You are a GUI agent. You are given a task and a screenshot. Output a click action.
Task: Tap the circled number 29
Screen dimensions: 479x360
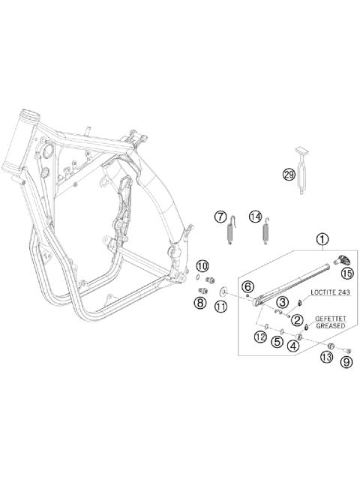click(289, 175)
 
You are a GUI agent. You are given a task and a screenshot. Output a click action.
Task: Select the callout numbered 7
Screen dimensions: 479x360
click(220, 217)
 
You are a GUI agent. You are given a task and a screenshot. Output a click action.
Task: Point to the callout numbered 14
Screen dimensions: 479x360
click(255, 217)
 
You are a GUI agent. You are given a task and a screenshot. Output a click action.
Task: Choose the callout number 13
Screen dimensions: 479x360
click(326, 358)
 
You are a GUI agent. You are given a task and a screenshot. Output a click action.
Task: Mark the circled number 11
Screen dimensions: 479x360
click(220, 306)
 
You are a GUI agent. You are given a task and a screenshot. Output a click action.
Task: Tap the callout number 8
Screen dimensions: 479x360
click(200, 303)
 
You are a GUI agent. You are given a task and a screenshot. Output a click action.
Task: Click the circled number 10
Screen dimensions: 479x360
click(202, 266)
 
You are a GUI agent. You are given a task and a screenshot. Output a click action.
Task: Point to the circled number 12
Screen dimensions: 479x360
click(259, 337)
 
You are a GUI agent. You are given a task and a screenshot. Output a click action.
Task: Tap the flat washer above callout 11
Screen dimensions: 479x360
click(223, 289)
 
